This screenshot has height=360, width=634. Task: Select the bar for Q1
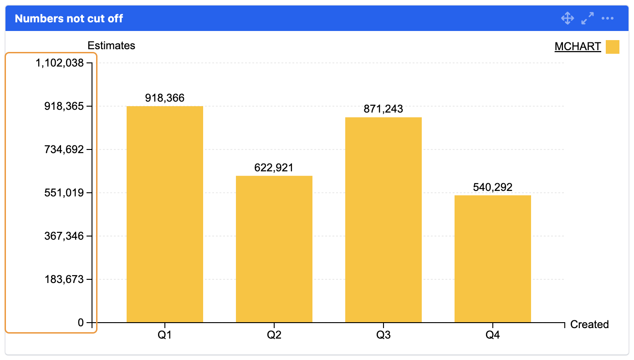click(164, 214)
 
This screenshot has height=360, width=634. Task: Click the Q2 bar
click(274, 249)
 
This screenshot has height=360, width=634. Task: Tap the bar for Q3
click(383, 220)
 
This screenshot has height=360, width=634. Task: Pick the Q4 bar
click(492, 258)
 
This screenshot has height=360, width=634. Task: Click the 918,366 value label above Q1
click(164, 98)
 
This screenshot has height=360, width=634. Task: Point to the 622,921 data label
click(274, 167)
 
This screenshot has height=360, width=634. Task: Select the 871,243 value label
click(383, 109)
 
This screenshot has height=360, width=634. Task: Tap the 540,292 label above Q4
click(492, 187)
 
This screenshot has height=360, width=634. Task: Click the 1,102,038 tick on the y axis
click(60, 63)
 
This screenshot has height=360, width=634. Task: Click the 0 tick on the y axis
click(81, 323)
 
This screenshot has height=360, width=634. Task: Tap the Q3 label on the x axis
click(383, 335)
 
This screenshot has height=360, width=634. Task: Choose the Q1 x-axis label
click(164, 335)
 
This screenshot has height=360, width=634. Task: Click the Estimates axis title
click(111, 46)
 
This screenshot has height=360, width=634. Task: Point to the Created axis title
click(589, 324)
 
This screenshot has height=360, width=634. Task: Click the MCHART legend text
click(578, 46)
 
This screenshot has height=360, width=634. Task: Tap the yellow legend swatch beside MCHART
click(612, 47)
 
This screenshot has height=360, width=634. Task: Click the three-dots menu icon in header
click(608, 19)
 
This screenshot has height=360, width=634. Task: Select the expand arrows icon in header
click(588, 19)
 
